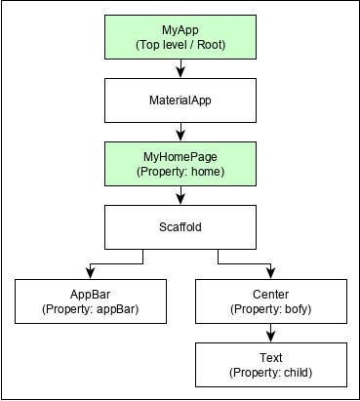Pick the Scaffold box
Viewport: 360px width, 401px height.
(x=180, y=226)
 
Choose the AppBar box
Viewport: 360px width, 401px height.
(x=90, y=301)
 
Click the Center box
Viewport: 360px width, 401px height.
(x=271, y=301)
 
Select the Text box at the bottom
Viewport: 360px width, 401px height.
(x=271, y=364)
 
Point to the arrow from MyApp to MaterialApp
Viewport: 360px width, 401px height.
(x=180, y=68)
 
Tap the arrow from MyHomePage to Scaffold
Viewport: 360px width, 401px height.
(x=180, y=194)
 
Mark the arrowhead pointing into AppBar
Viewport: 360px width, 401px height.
(x=90, y=272)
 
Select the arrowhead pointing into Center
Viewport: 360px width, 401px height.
(x=271, y=272)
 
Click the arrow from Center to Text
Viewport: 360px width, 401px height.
(x=271, y=332)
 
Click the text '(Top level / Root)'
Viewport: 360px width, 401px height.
(x=180, y=44)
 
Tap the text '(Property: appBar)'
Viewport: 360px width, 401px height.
(x=90, y=309)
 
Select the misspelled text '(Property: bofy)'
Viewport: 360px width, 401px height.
(x=271, y=309)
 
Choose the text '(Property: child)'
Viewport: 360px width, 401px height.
(x=271, y=373)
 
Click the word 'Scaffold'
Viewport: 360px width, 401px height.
(x=180, y=226)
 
